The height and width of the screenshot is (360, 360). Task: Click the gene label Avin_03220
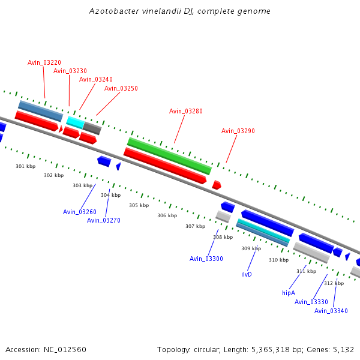44,62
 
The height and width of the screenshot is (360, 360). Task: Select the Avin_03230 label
70,71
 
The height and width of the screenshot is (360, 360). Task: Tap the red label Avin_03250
121,88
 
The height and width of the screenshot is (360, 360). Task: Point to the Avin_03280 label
185,111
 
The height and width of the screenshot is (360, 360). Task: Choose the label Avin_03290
238,131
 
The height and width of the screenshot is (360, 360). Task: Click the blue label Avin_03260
79,212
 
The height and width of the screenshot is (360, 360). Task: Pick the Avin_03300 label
206,259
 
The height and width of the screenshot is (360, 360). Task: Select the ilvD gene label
246,274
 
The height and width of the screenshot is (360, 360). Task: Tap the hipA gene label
289,293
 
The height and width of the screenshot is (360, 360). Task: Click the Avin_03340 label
331,311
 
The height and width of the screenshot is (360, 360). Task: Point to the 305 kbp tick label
139,205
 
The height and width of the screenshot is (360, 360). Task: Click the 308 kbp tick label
223,237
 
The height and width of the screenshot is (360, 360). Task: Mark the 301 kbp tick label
25,166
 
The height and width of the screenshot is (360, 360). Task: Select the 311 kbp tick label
306,271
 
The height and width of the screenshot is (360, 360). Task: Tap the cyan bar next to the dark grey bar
75,122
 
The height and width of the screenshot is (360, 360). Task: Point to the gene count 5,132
343,349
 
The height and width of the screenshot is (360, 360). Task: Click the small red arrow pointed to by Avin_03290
217,185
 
